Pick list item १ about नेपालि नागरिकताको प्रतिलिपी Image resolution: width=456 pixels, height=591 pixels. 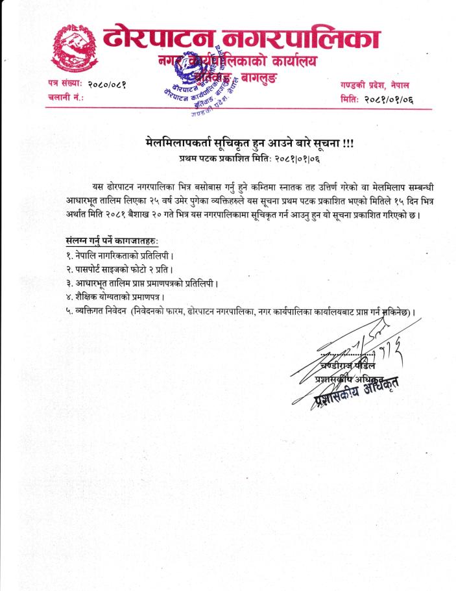(x=119, y=255)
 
